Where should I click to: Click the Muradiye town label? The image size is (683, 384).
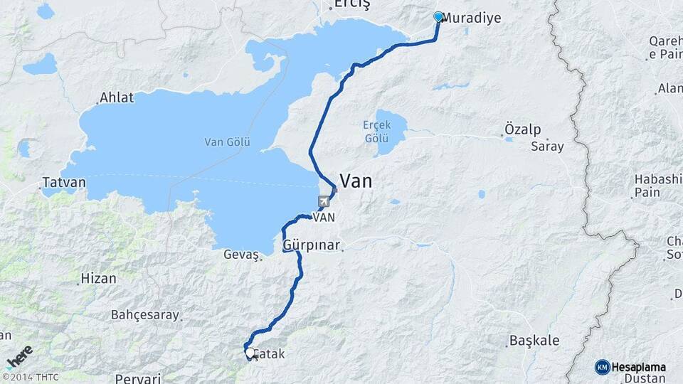471,18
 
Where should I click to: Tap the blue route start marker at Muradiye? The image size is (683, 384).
438,16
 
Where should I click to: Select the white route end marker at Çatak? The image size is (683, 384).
249,352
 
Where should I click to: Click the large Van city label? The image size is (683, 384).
356,181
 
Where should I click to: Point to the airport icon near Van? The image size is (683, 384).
324,201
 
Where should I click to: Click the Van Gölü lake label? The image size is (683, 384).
227,142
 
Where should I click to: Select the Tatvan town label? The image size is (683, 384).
63,182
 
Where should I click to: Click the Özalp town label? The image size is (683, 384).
522,129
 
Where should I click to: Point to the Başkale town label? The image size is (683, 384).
534,341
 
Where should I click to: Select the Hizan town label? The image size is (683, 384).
98,278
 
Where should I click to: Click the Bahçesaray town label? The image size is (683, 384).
144,314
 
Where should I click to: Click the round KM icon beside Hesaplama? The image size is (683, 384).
602,367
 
